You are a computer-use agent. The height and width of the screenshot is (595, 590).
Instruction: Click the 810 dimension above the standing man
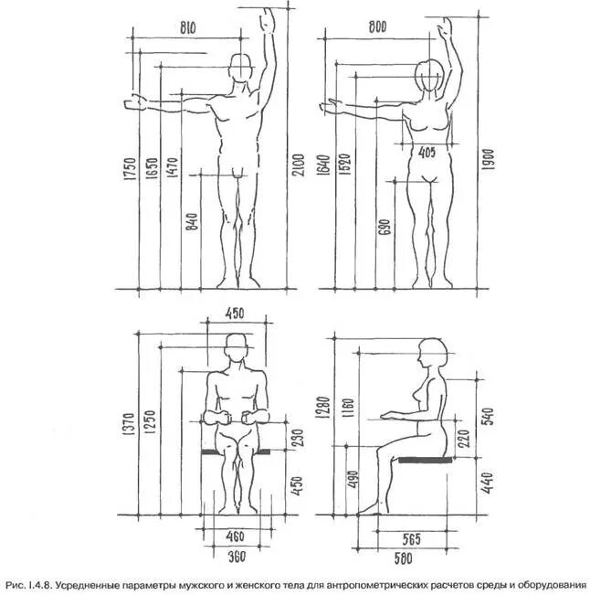click(188, 28)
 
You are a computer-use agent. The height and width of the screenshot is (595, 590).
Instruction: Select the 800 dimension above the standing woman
click(376, 28)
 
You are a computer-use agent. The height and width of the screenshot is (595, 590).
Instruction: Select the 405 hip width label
click(427, 153)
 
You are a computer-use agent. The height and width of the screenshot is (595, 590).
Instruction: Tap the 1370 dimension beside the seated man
click(128, 424)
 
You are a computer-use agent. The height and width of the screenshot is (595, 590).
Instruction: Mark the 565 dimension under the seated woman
click(412, 539)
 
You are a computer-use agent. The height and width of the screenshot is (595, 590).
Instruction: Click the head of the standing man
click(241, 69)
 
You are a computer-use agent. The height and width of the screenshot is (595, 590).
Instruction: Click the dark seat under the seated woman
click(425, 460)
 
